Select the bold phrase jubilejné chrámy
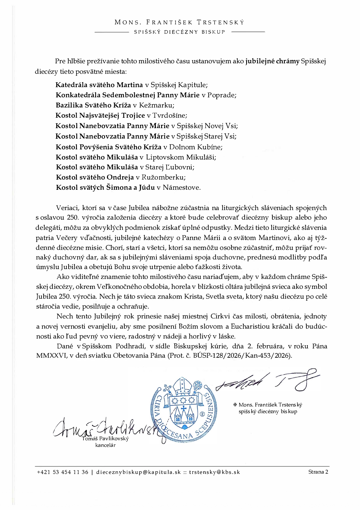(272, 61)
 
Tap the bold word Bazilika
(70, 105)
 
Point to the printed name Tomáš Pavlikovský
(105, 439)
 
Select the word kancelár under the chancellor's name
(105, 445)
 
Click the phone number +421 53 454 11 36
(62, 472)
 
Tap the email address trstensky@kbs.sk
(215, 472)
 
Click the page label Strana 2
(318, 472)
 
